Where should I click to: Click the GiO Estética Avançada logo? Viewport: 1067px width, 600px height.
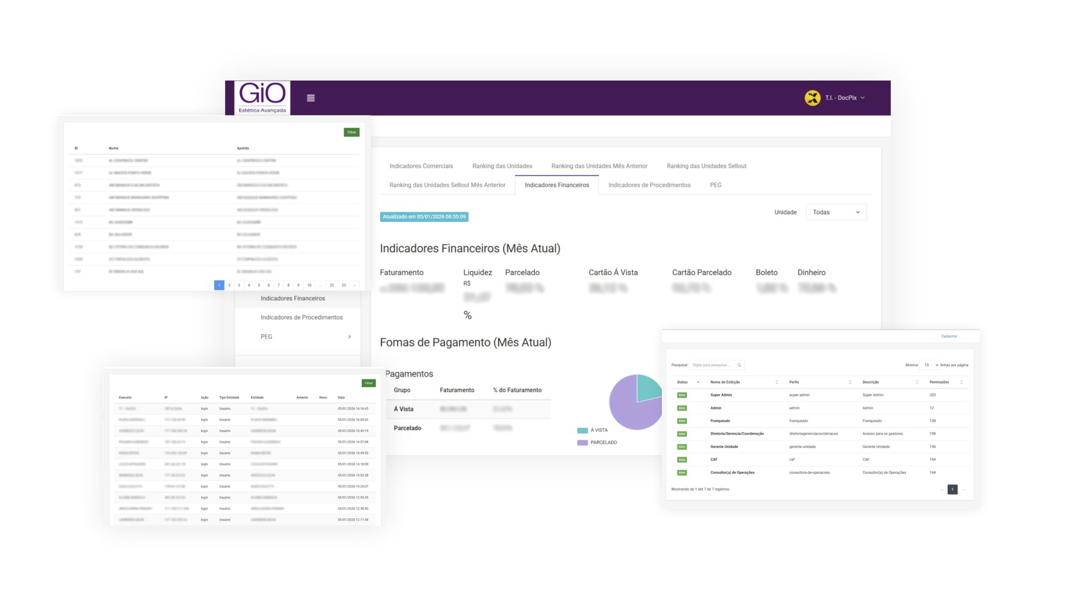pos(262,98)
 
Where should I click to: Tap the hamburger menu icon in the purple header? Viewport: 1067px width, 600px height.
pos(311,98)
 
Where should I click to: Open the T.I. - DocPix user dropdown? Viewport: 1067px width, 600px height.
pos(836,98)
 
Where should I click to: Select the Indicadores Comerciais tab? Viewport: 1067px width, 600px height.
pos(421,166)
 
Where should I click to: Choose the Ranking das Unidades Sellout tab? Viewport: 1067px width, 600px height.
pos(706,166)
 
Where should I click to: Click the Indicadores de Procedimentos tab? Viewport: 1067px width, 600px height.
pos(649,185)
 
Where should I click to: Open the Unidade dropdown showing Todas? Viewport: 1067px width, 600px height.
pos(836,212)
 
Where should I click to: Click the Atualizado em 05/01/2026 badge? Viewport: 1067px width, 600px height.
pos(424,217)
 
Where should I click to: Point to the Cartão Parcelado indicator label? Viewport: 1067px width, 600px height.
pos(701,272)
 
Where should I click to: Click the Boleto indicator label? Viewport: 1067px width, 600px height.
pos(766,272)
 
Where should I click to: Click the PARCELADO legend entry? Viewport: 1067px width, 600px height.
pos(603,443)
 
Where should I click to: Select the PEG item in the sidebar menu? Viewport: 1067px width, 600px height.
pos(267,337)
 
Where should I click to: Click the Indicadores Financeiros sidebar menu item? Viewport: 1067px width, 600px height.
pos(293,298)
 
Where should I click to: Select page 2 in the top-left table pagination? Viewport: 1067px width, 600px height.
pos(229,285)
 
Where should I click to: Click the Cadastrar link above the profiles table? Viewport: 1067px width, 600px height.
pos(949,336)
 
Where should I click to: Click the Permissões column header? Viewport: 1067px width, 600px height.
pos(939,382)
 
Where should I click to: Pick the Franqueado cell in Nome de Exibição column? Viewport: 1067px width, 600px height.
pos(720,421)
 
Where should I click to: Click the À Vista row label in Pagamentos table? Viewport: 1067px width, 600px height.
pos(403,409)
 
